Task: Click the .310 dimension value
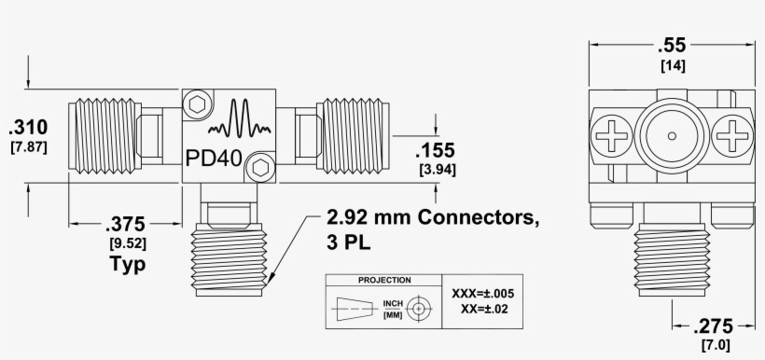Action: (x=29, y=127)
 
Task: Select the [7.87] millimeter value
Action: (x=29, y=146)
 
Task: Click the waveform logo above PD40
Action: (x=241, y=121)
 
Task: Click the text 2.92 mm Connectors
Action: (x=433, y=219)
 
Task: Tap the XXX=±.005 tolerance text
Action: (x=483, y=293)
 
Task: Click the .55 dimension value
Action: (x=671, y=45)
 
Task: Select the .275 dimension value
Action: (x=714, y=326)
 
